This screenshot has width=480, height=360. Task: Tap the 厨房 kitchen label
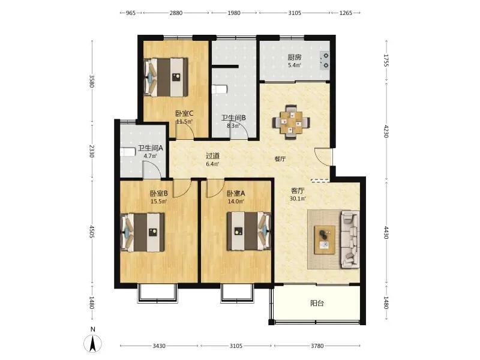pyautogui.click(x=295, y=57)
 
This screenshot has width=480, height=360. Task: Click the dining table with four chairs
pyautogui.click(x=291, y=122)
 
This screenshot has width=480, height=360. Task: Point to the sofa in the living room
pyautogui.click(x=350, y=239)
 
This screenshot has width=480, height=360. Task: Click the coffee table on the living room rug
pyautogui.click(x=325, y=239)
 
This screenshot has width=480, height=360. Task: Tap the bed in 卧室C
pyautogui.click(x=166, y=77)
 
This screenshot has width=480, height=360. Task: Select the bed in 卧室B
pyautogui.click(x=143, y=232)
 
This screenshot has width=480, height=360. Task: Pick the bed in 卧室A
pyautogui.click(x=249, y=231)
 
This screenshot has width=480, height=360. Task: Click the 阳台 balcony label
pyautogui.click(x=317, y=304)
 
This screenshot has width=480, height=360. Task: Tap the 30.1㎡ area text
pyautogui.click(x=298, y=199)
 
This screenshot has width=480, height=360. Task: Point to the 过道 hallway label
pyautogui.click(x=212, y=156)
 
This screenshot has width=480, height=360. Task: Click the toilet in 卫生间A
pyautogui.click(x=128, y=152)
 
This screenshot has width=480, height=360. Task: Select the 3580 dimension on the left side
pyautogui.click(x=92, y=81)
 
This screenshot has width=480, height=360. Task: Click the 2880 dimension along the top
pyautogui.click(x=176, y=13)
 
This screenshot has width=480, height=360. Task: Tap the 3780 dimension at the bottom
pyautogui.click(x=317, y=346)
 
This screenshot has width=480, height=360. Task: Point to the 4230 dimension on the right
pyautogui.click(x=386, y=131)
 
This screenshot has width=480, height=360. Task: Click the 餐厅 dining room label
pyautogui.click(x=280, y=159)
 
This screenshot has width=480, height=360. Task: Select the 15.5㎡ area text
pyautogui.click(x=158, y=202)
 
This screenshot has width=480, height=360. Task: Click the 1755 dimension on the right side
pyautogui.click(x=386, y=61)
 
